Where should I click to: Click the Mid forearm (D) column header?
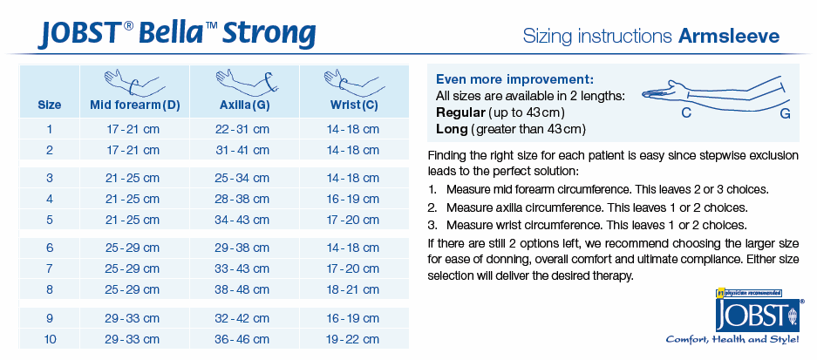pos(135,105)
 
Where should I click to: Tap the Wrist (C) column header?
pos(354,105)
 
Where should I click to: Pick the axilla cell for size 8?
pos(242,289)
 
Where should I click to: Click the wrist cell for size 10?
pos(353,340)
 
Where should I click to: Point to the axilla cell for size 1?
pos(242,129)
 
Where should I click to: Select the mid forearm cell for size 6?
pos(133,248)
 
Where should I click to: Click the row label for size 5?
pos(50,220)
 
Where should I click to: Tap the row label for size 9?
pos(50,319)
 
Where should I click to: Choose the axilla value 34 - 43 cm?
pos(242,220)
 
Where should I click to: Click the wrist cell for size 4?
pos(353,199)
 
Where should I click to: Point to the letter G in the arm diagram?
pos(786,113)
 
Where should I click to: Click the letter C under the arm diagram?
pos(686,112)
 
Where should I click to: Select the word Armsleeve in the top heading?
pos(729,36)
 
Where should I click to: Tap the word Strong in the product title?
pos(269,33)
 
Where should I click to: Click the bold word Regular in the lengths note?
pos(460,112)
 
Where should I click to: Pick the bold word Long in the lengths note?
pos(452,129)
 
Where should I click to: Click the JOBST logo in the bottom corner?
pos(757,316)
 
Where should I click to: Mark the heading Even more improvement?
pos(514,79)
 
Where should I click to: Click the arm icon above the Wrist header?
pos(354,81)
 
